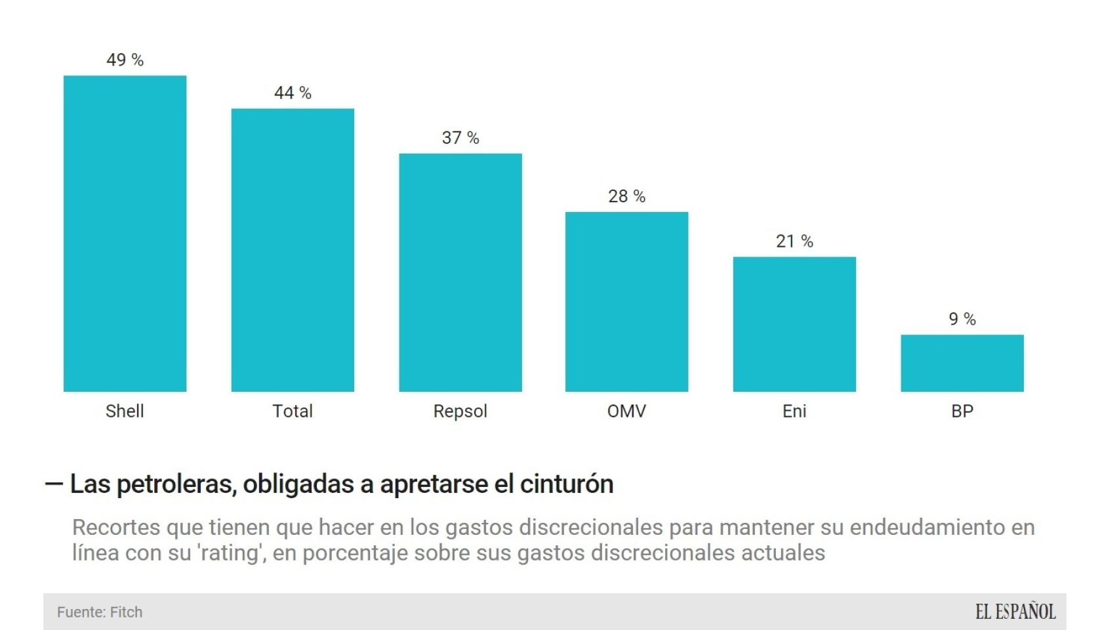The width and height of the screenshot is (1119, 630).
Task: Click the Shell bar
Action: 125,234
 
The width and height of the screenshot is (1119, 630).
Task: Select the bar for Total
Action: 293,250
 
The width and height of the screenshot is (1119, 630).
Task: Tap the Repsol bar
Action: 460,272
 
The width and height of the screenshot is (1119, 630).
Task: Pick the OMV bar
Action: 626,302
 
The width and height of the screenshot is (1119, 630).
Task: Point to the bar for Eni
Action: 794,324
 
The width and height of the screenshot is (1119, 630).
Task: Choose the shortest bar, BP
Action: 962,363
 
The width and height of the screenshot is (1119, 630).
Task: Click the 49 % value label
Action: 125,60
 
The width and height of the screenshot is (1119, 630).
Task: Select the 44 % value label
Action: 293,93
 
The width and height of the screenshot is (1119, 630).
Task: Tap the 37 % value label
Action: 460,138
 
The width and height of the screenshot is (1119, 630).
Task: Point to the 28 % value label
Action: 626,196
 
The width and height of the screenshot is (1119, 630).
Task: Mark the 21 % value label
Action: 794,241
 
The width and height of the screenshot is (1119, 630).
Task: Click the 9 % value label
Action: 962,319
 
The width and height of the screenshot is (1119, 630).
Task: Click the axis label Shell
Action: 125,411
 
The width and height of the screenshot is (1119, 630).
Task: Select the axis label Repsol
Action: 460,411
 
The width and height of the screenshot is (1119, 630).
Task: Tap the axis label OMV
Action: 626,411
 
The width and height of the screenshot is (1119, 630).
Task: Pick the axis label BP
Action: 962,411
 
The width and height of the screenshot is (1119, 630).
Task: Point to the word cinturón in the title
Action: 567,484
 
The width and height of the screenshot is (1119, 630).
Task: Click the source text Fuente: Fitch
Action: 100,612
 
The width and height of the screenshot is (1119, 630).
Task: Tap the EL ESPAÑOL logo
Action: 1015,612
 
